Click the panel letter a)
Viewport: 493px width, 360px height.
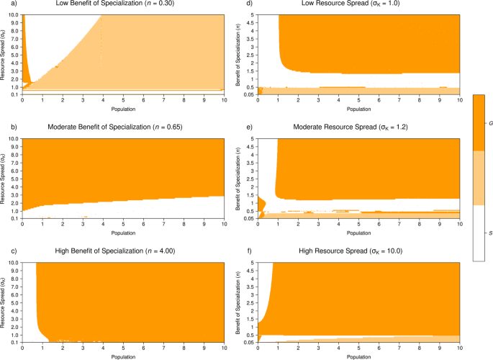coord(5,5)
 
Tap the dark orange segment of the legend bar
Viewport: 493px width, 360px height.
coord(479,122)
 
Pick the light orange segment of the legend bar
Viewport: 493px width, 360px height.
coord(479,178)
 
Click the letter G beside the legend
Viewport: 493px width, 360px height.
coord(490,124)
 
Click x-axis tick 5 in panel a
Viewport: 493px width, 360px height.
coord(124,101)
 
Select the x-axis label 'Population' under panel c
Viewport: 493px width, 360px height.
coord(123,355)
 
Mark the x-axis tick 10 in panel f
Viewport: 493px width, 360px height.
coord(460,348)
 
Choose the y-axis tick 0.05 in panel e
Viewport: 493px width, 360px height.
coord(249,217)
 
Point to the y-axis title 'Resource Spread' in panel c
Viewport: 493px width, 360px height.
coord(5,302)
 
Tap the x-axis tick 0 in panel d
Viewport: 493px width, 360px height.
coord(258,101)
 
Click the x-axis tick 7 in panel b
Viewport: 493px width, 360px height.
coord(164,225)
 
